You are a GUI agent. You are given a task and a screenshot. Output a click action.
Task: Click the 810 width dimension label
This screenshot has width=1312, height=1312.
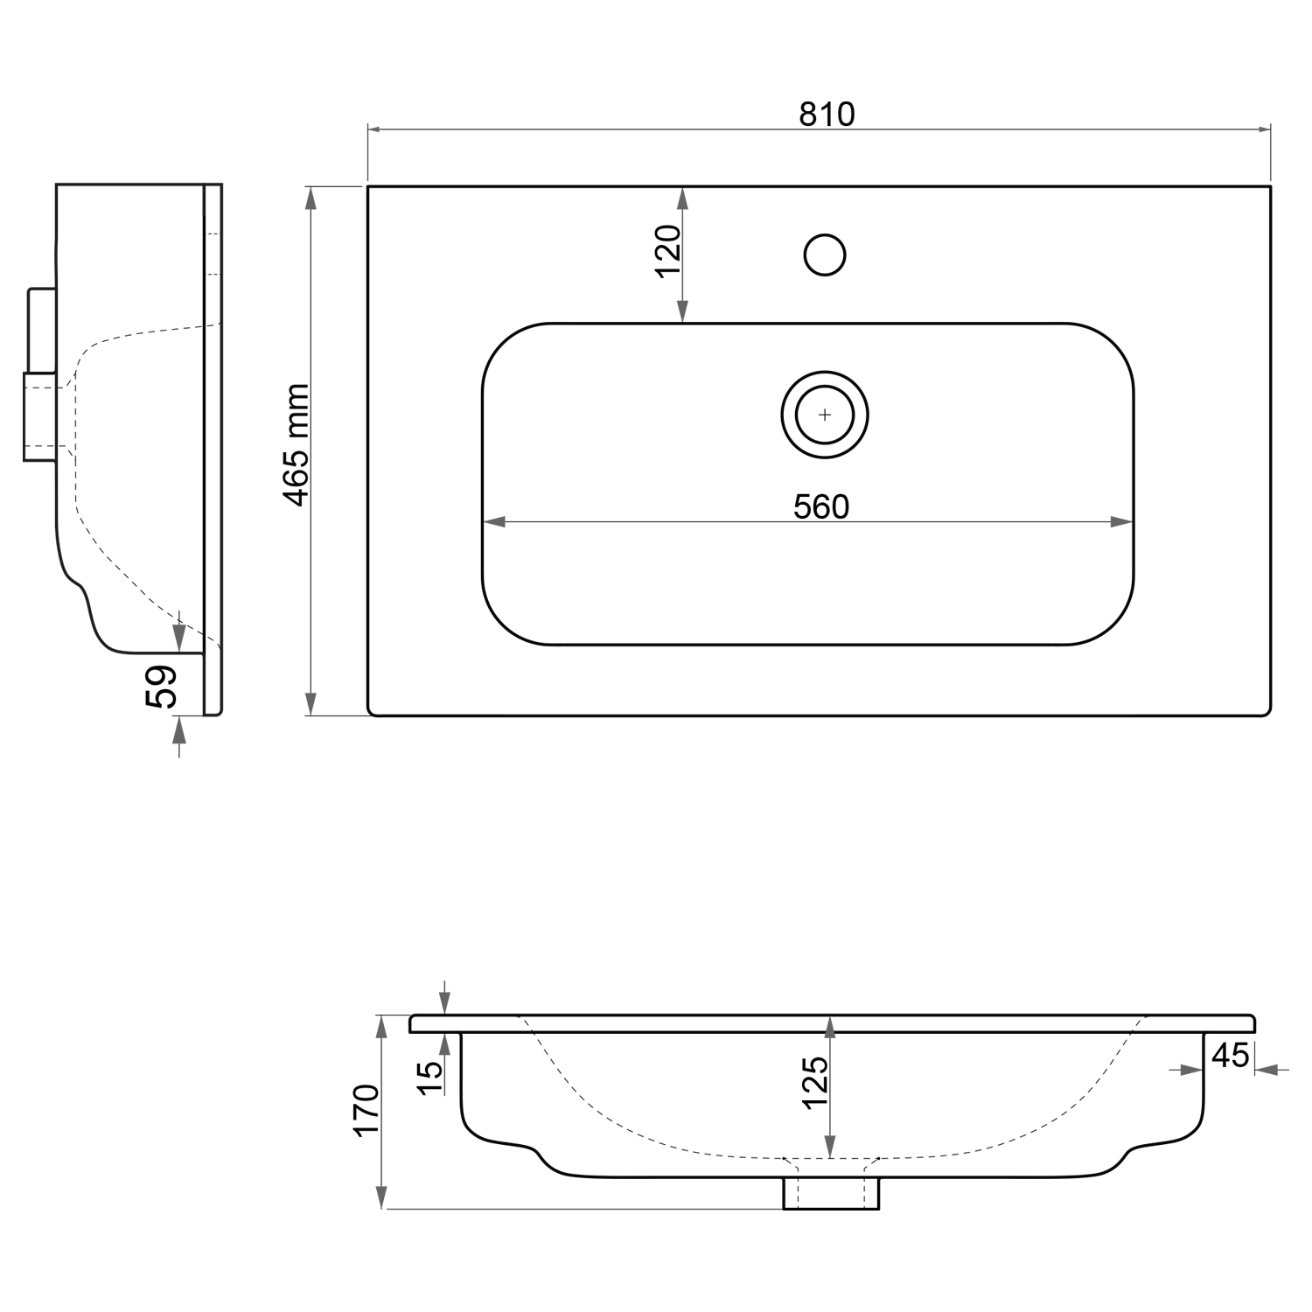(826, 115)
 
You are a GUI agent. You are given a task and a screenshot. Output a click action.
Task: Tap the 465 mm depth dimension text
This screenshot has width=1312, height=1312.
(298, 444)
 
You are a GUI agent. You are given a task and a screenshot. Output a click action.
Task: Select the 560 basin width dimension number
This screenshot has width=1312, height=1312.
(821, 506)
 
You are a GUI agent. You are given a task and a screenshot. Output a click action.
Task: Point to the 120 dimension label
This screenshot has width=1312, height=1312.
(668, 250)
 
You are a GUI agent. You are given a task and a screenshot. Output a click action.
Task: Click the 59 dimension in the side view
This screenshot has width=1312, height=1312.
(162, 686)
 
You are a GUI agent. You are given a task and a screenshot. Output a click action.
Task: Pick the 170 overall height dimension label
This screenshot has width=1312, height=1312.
(366, 1110)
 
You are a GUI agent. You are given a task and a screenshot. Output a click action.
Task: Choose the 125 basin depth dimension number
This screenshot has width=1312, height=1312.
(814, 1082)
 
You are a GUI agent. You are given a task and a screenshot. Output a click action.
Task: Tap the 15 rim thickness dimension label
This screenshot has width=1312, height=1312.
(429, 1078)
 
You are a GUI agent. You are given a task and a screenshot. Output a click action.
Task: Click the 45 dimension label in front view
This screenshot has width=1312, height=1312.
(1230, 1056)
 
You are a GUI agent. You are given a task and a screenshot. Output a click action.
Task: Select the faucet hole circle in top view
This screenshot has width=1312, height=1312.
(825, 255)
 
